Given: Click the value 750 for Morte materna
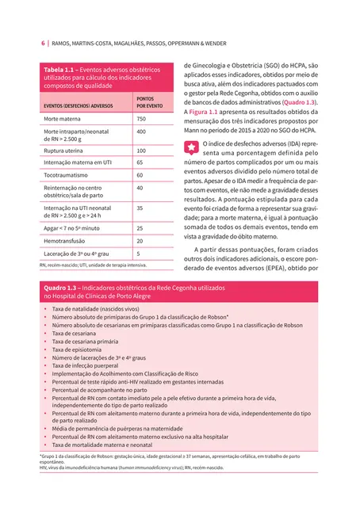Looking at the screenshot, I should coord(141,118).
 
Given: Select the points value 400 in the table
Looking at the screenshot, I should coord(141,132).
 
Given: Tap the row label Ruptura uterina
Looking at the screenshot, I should coord(66,151).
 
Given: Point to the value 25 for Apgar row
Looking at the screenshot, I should coord(140,227).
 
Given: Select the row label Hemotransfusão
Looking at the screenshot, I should coord(66,240).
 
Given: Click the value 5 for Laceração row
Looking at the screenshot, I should coord(139,254).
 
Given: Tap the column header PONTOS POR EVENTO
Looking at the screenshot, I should coord(150,102).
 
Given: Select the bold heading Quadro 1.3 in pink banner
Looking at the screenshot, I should coord(60,288).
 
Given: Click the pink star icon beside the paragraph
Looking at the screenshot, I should coord(190,147).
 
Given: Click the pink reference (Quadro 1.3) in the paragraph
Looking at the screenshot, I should coord(299,103).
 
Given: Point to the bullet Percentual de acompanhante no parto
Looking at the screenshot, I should coord(100,391).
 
